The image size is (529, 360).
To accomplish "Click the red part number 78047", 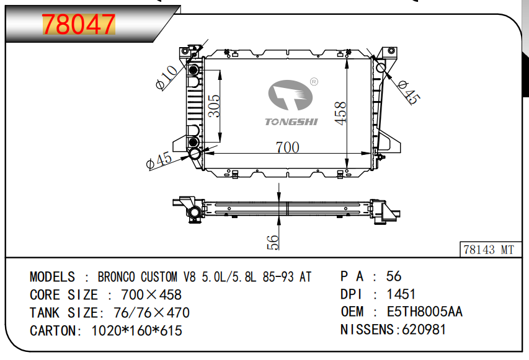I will (79, 25).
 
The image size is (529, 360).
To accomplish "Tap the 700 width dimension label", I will (287, 147).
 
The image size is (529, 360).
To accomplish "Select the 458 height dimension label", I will (340, 113).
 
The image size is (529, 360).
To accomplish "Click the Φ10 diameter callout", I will (167, 77).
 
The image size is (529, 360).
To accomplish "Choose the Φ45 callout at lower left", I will (159, 160).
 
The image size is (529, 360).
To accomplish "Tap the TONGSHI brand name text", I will (291, 121).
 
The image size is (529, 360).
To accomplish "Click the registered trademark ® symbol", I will (314, 81).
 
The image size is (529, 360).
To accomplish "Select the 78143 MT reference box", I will (489, 250).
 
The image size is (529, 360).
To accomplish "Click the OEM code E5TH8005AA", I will (424, 312).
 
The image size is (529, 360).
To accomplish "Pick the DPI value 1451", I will (401, 294).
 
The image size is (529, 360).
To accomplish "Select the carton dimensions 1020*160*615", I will (136, 330).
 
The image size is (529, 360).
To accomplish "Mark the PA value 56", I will (394, 276).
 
